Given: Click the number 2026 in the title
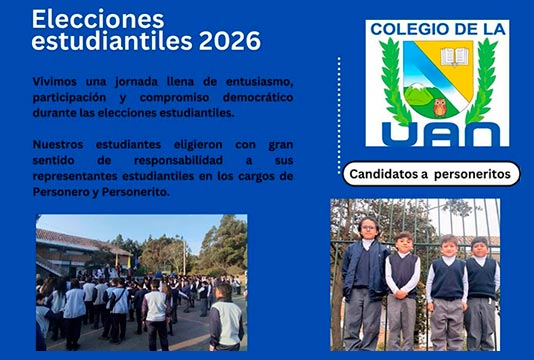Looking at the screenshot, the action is [x=230, y=41].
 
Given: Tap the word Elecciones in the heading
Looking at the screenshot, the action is [x=98, y=19].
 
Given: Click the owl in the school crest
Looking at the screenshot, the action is [x=440, y=107].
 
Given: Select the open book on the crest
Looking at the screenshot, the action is [x=454, y=57].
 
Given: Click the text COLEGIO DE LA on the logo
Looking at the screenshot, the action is [x=438, y=29].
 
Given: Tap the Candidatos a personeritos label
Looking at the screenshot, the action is [x=430, y=174].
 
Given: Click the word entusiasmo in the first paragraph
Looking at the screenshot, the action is [x=260, y=82].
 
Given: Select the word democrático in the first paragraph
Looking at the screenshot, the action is [x=258, y=97].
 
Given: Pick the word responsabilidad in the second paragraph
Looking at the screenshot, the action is [x=178, y=160].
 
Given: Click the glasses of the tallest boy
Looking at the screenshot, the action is [x=369, y=228].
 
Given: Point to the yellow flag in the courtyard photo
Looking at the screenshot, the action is [x=129, y=262].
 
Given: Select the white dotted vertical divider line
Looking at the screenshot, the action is [x=339, y=116].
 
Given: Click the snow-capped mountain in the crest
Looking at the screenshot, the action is [x=416, y=91].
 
